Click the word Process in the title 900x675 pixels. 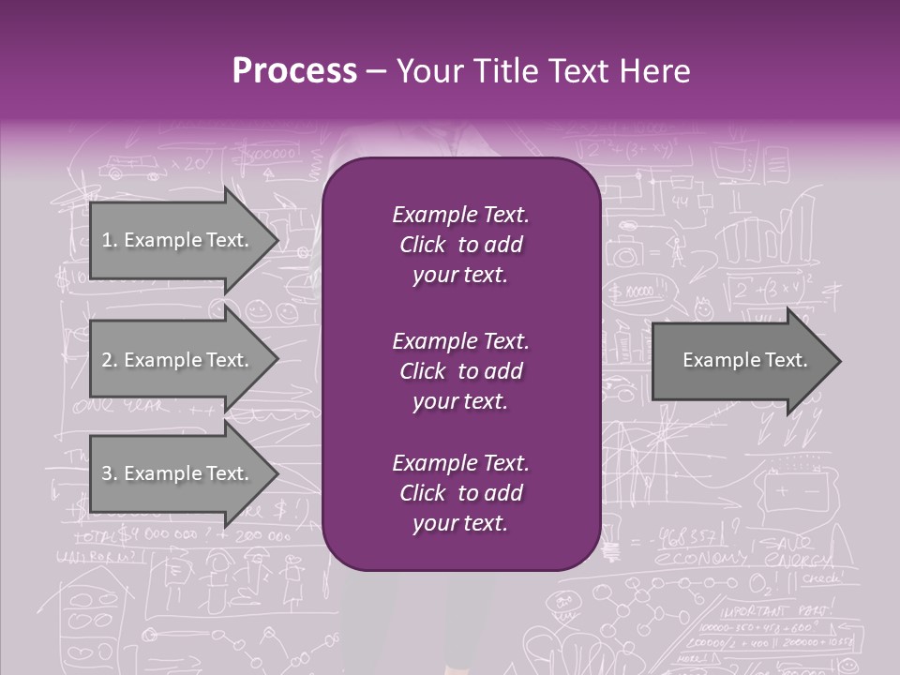[x=294, y=71]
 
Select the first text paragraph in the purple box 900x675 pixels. [x=460, y=245]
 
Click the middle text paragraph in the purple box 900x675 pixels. [x=460, y=371]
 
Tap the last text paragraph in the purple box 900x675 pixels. [x=460, y=493]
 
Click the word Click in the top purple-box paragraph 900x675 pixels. [x=422, y=246]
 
